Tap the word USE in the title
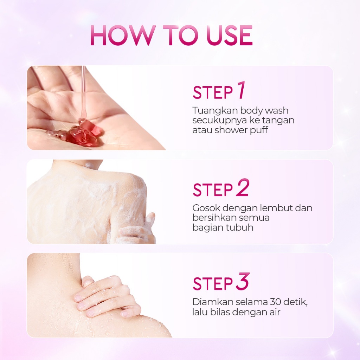pos(229,36)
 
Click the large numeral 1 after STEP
pos(240,90)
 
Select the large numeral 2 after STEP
pos(242,188)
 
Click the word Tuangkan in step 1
pos(214,111)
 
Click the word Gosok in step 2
pos(206,208)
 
